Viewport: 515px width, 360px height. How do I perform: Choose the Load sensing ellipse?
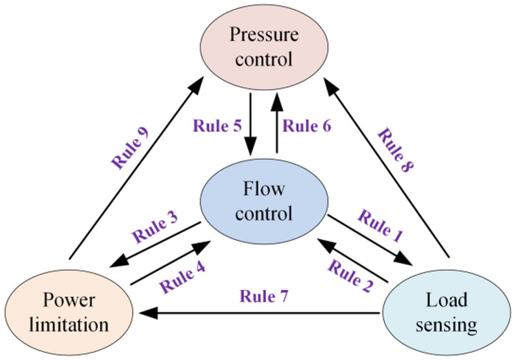click(x=445, y=312)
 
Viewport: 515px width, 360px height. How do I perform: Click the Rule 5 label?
click(x=217, y=125)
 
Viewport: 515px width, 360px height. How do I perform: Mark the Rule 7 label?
click(x=263, y=297)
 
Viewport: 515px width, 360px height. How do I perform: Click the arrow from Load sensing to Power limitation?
click(x=257, y=313)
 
